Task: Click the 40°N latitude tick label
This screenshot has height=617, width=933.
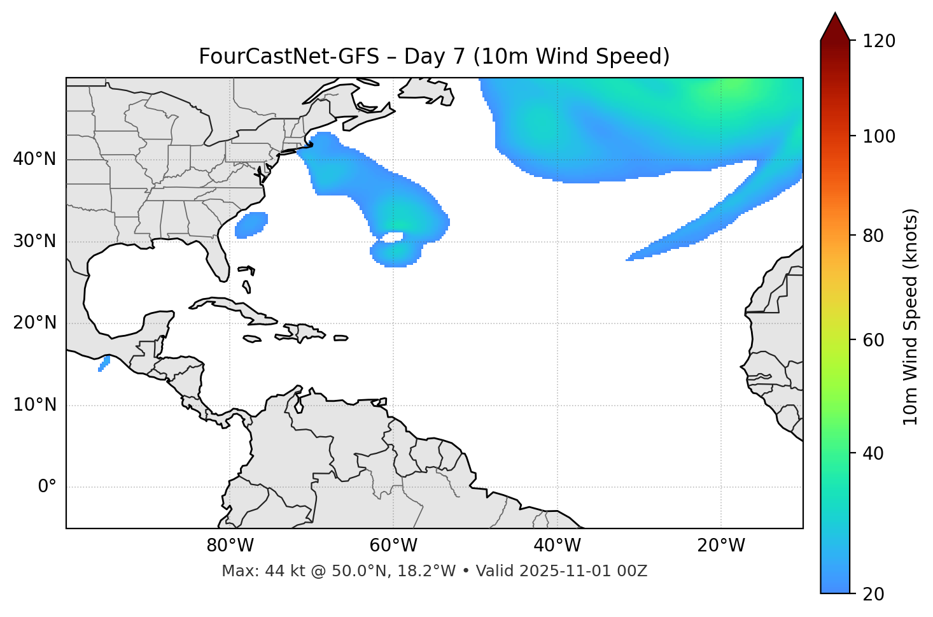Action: pos(34,159)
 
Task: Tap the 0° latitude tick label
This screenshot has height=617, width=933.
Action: pos(47,487)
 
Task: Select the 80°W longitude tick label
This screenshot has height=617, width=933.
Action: pos(230,546)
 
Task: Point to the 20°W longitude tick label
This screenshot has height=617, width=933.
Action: pos(721,546)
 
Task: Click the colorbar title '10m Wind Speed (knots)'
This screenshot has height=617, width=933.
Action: pos(910,316)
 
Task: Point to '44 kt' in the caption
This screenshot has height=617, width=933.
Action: pos(284,571)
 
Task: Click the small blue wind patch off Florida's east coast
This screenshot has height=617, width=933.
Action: pos(251,224)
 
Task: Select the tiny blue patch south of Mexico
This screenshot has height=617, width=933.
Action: pos(104,364)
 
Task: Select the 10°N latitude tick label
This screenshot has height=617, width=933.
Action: pos(34,405)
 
